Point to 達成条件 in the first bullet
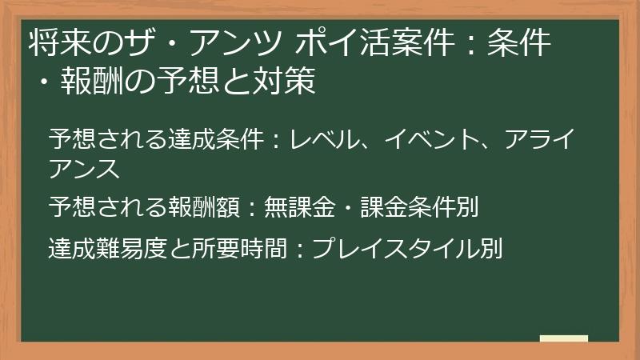[x=217, y=141]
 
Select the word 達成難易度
[x=108, y=249]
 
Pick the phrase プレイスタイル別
[x=407, y=249]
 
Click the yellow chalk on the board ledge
[x=564, y=339]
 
